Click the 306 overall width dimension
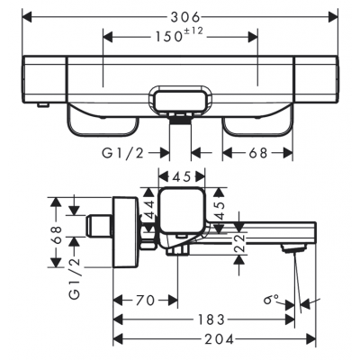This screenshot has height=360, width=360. pyautogui.click(x=184, y=17)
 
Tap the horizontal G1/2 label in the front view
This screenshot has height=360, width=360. pyautogui.click(x=123, y=153)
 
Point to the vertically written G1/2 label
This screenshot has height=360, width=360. pyautogui.click(x=75, y=278)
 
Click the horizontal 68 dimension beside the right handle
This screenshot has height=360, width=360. pyautogui.click(x=257, y=153)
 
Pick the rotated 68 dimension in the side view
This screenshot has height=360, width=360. pyautogui.click(x=56, y=235)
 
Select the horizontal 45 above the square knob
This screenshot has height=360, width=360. pyautogui.click(x=182, y=177)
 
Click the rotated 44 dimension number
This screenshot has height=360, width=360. pyautogui.click(x=148, y=210)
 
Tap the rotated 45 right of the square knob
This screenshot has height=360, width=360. pyautogui.click(x=220, y=211)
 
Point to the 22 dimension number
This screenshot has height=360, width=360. pyautogui.click(x=239, y=243)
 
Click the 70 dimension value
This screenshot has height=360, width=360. pyautogui.click(x=145, y=300)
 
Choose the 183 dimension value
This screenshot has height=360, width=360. pyautogui.click(x=211, y=319)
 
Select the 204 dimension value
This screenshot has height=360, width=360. pyautogui.click(x=219, y=339)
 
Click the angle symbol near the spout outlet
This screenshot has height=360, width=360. pyautogui.click(x=271, y=299)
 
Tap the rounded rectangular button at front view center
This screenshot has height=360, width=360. pyautogui.click(x=180, y=100)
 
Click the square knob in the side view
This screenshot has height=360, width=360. pyautogui.click(x=182, y=211)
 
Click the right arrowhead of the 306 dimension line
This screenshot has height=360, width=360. pyautogui.click(x=334, y=17)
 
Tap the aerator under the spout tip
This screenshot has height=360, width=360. pyautogui.click(x=294, y=248)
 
